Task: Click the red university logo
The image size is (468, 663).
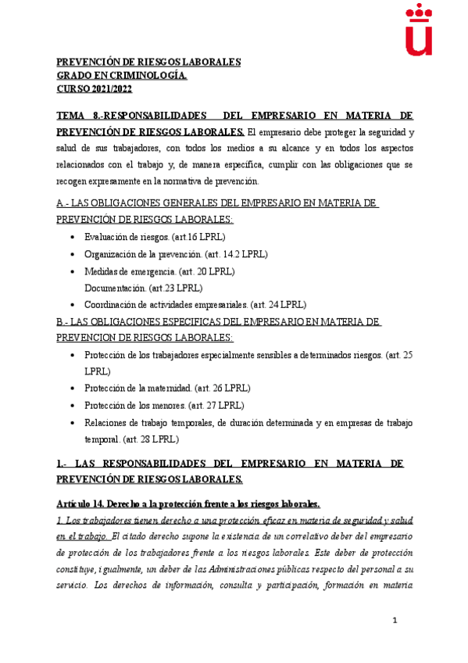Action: pos(421,30)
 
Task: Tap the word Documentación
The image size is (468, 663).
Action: pos(116,288)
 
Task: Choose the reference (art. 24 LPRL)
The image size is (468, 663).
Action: pos(278,305)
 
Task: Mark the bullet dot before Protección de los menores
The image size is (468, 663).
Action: pos(73,406)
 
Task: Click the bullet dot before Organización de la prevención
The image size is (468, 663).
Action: pos(73,255)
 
